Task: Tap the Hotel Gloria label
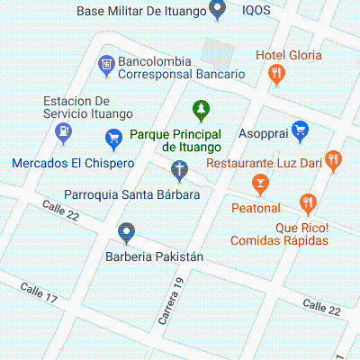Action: pos(288,55)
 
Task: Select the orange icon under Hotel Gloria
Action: pos(277,74)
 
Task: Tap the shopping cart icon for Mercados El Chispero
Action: pos(113,138)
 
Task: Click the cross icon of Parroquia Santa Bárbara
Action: pos(180,168)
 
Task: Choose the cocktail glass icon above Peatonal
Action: pos(260,184)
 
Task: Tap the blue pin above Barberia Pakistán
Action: pos(127,232)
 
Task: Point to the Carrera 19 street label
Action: pos(171,302)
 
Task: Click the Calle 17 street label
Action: pos(39,292)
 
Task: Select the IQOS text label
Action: pos(257,11)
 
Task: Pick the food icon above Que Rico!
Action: pos(310,203)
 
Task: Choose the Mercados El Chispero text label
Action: pos(73,164)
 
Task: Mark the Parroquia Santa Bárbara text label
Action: pos(131,194)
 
